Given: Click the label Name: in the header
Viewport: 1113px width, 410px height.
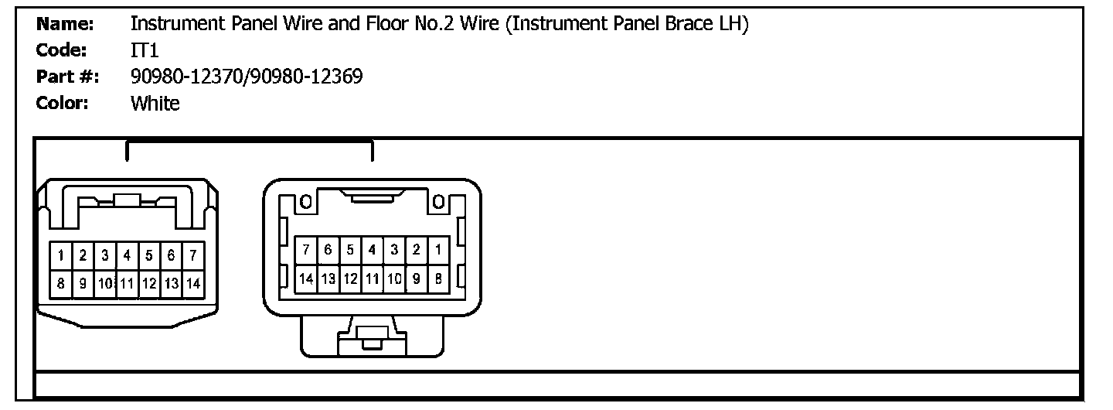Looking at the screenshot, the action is tap(65, 24).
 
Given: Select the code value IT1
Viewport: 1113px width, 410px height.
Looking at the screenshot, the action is tap(144, 50).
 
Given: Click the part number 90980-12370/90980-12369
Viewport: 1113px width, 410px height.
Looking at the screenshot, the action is tap(247, 77).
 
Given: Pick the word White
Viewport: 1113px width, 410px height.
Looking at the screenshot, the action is tap(155, 103).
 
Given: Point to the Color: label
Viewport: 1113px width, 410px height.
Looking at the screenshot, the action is tap(63, 103).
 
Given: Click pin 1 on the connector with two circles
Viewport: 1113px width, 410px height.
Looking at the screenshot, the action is tap(438, 250).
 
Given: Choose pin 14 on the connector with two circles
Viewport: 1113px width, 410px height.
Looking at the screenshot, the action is tap(307, 278).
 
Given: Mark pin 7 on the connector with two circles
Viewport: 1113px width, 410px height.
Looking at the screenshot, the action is tap(307, 250).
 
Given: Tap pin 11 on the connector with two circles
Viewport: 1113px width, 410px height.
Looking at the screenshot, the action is tap(372, 278).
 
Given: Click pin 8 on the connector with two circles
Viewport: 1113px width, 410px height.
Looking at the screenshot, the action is tap(438, 278).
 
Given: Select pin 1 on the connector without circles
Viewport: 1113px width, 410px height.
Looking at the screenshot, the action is tap(60, 255).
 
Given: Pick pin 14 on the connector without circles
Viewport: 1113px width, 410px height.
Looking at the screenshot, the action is tap(192, 284).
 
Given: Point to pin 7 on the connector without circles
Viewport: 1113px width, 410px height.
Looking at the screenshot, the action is tap(192, 255).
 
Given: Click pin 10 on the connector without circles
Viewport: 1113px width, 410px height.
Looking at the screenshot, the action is tap(105, 284).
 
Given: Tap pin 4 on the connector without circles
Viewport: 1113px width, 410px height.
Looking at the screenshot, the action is tap(127, 255).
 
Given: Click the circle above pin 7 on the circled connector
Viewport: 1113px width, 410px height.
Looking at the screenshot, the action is tap(306, 203).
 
